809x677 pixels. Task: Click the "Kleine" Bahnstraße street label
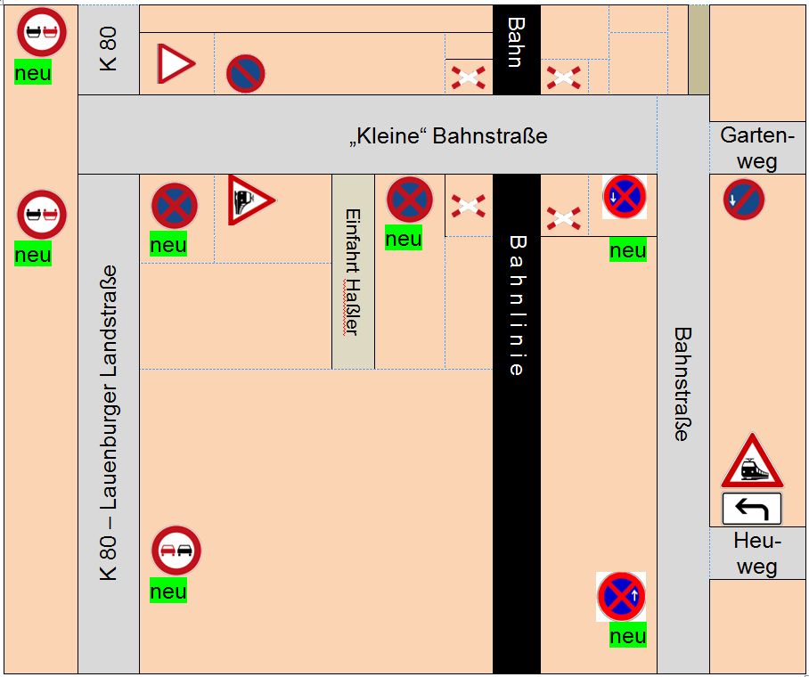tap(447, 136)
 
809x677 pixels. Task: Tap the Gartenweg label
tap(756, 148)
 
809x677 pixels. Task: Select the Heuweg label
tap(756, 553)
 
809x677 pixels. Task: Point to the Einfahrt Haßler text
tap(352, 272)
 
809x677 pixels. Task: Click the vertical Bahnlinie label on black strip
tap(517, 305)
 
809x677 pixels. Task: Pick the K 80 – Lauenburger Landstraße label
tap(109, 423)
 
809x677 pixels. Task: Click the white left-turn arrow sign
tap(751, 509)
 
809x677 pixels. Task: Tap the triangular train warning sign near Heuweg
tap(751, 461)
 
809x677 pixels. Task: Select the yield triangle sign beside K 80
tap(175, 64)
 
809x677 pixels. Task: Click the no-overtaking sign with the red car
tap(176, 551)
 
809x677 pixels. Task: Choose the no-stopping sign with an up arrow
tap(621, 596)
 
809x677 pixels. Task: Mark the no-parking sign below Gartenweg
tap(743, 200)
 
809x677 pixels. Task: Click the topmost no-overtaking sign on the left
tap(42, 32)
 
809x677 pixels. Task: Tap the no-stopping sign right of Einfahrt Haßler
tap(409, 200)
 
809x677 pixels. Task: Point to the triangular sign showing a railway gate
tap(249, 200)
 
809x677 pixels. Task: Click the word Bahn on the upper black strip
tap(516, 42)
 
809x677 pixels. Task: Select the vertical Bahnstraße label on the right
tap(682, 384)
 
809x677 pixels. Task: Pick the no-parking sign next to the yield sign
tap(245, 73)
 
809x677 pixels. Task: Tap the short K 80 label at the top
tap(109, 50)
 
